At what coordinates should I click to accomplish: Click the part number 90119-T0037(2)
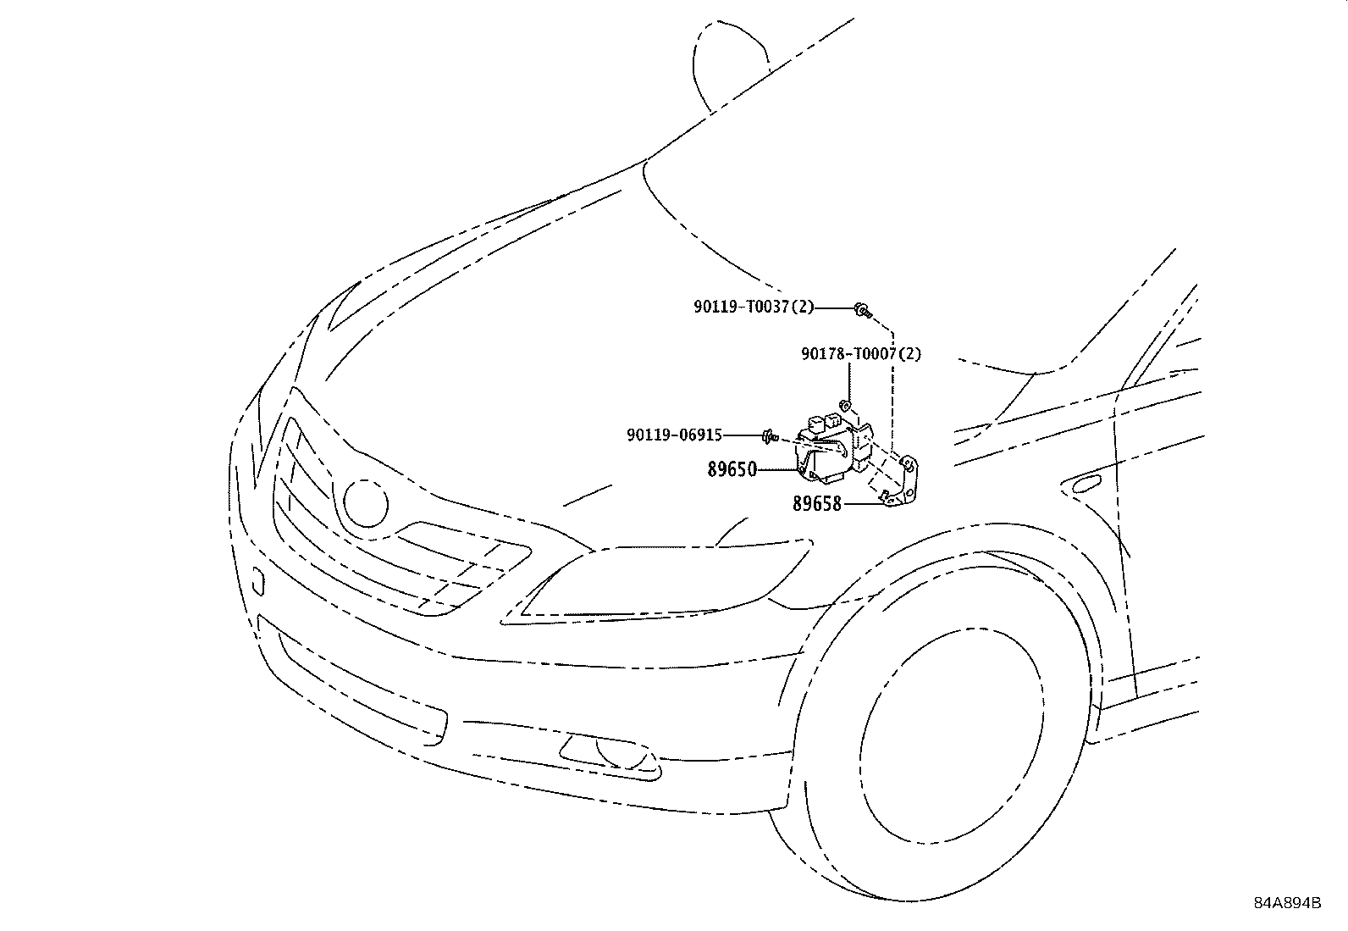pyautogui.click(x=754, y=308)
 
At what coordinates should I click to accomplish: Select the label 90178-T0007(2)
pyautogui.click(x=860, y=353)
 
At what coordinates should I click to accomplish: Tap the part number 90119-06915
pyautogui.click(x=675, y=435)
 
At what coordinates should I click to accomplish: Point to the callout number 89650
pyautogui.click(x=732, y=469)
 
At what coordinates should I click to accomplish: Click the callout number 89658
pyautogui.click(x=816, y=503)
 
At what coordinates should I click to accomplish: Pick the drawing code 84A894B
pyautogui.click(x=1287, y=903)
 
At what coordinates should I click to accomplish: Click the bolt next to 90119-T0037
pyautogui.click(x=863, y=311)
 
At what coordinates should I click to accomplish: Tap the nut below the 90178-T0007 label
pyautogui.click(x=845, y=404)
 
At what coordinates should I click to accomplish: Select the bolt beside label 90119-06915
pyautogui.click(x=771, y=436)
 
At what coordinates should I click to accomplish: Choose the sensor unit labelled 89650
pyautogui.click(x=833, y=446)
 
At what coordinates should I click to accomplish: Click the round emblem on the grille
pyautogui.click(x=366, y=503)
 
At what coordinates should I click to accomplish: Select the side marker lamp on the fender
pyautogui.click(x=1081, y=484)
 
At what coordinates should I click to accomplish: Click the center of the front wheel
pyautogui.click(x=953, y=735)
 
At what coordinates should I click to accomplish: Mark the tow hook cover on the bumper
pyautogui.click(x=257, y=580)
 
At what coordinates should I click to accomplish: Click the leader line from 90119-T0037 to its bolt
pyautogui.click(x=833, y=308)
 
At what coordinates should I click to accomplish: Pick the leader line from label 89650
pyautogui.click(x=777, y=469)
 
